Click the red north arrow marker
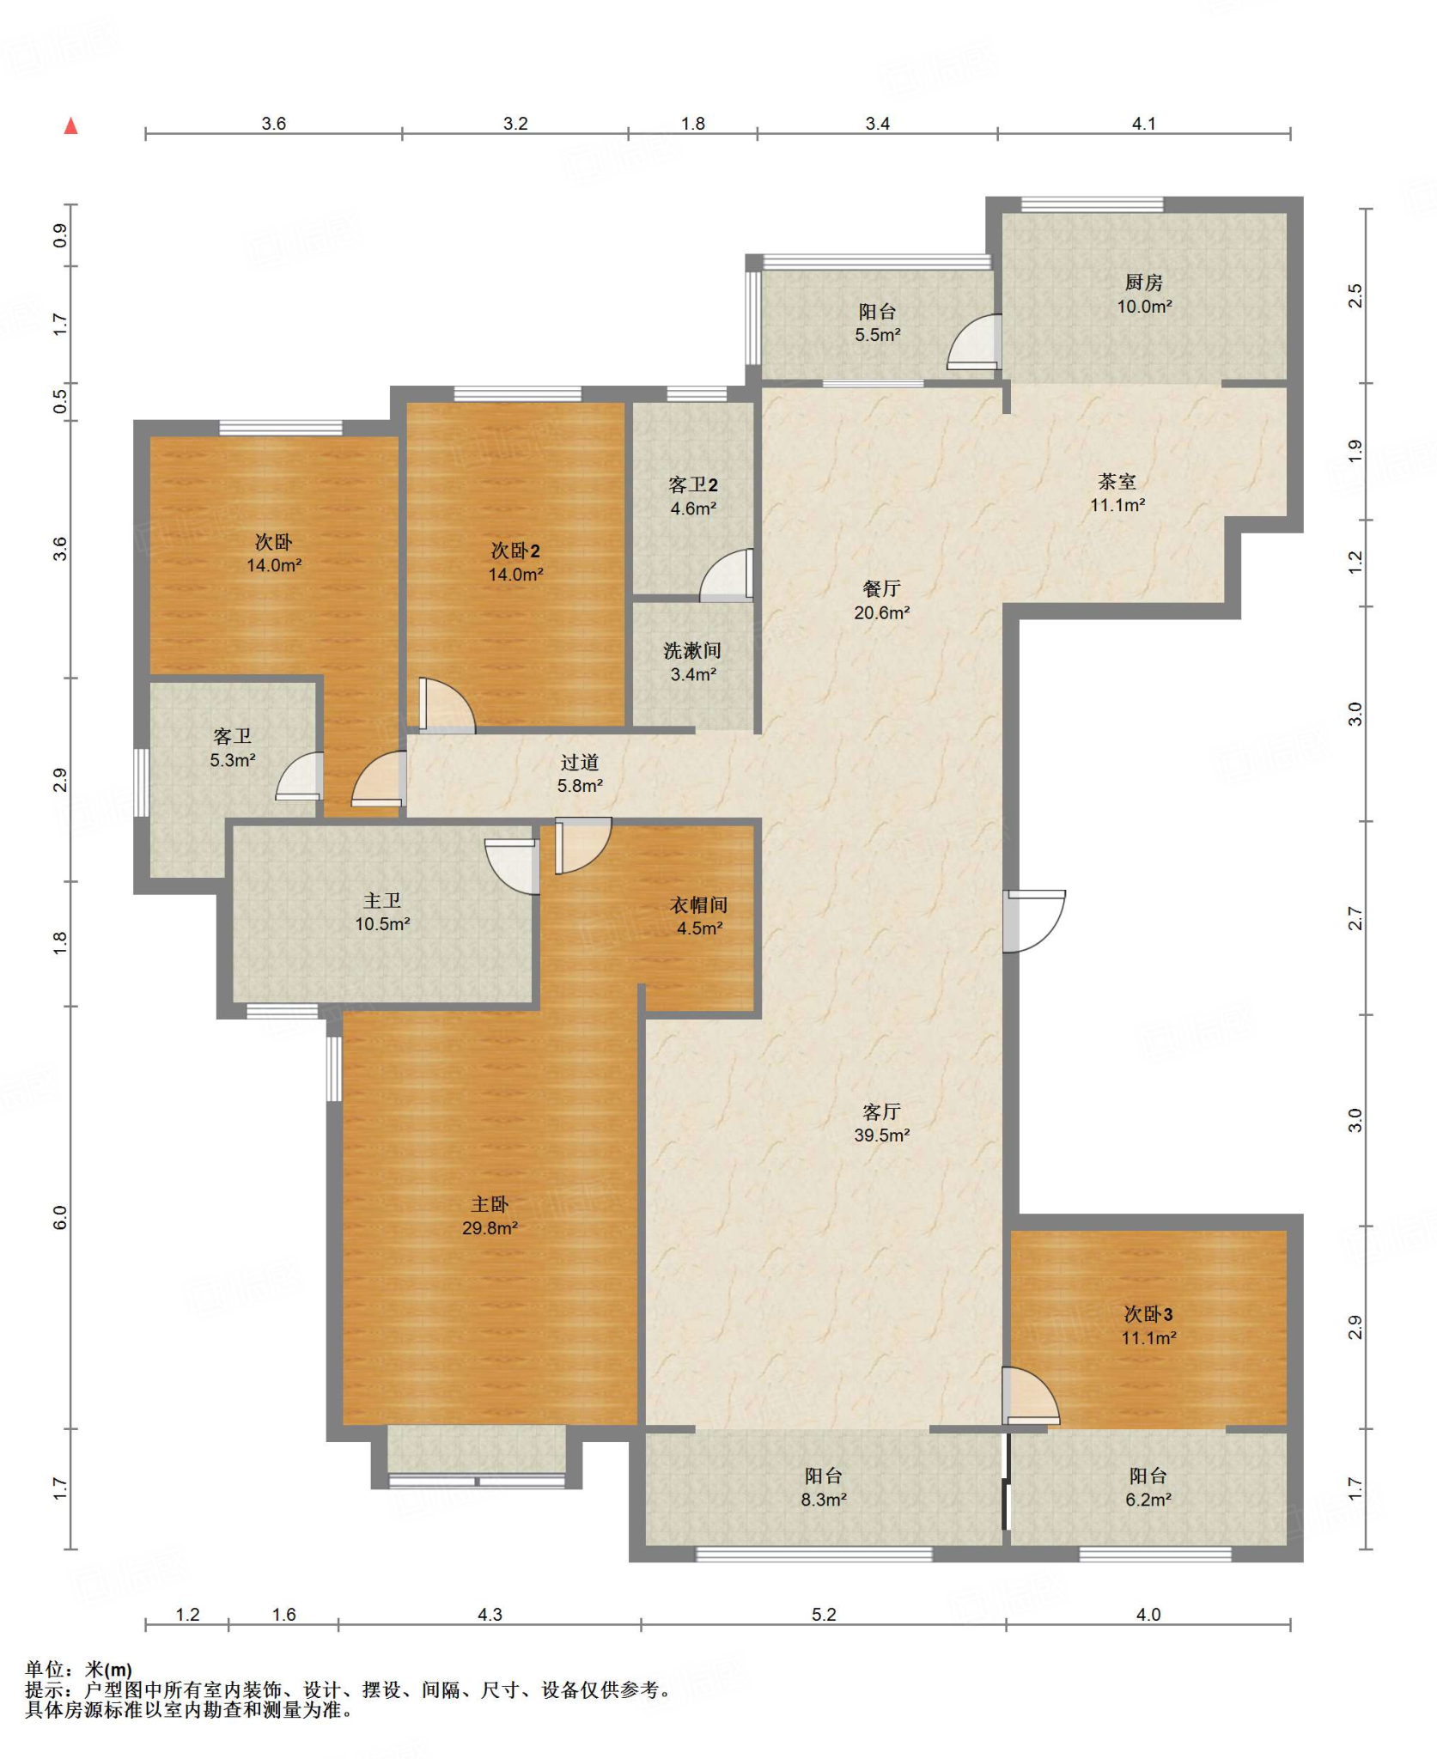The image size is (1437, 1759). (x=71, y=125)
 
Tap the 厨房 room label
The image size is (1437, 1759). (x=1144, y=283)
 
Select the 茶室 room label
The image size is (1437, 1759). (x=1117, y=482)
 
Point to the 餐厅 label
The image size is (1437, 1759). (x=881, y=589)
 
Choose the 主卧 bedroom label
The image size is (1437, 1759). (x=490, y=1205)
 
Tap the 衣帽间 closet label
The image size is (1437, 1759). (x=699, y=905)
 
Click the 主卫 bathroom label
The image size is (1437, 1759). (x=382, y=901)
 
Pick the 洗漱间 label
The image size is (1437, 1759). (x=692, y=651)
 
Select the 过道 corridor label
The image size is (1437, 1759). (x=580, y=763)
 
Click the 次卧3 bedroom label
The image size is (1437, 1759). (x=1148, y=1314)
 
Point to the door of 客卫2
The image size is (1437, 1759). (x=727, y=574)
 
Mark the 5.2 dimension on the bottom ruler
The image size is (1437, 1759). (x=824, y=1615)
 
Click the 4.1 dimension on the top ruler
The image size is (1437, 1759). (x=1144, y=124)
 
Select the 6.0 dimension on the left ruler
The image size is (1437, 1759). (x=60, y=1217)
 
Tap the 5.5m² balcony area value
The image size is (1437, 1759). (x=877, y=335)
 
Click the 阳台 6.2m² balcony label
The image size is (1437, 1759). (x=1148, y=1488)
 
